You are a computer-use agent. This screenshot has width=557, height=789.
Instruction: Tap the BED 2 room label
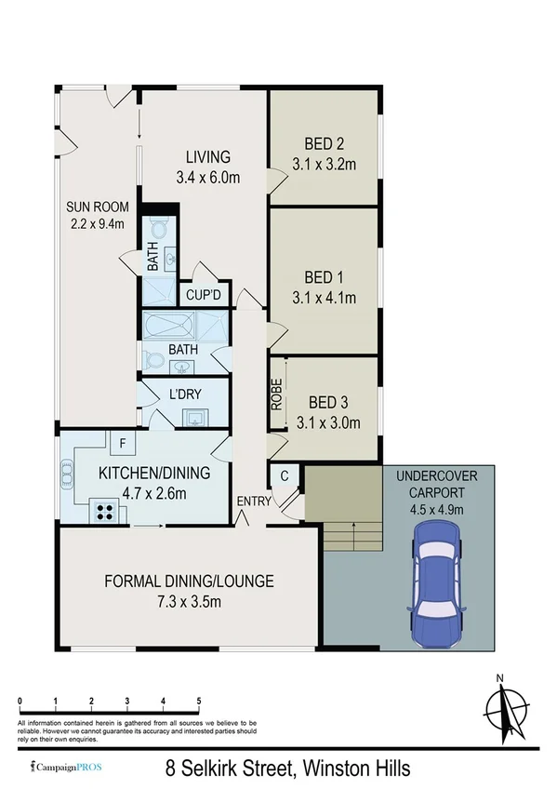[x=325, y=144]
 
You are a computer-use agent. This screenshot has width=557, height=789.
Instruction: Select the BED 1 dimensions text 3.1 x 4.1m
[x=325, y=298]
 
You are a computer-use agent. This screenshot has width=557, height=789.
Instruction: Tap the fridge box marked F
[x=123, y=442]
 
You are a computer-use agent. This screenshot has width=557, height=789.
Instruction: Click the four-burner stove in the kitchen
[x=103, y=510]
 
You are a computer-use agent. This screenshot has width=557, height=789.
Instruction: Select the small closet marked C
[x=285, y=475]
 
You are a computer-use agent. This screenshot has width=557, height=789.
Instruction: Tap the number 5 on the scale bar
[x=199, y=701]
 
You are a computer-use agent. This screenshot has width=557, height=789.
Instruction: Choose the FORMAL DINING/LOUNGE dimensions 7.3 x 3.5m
[x=189, y=603]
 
